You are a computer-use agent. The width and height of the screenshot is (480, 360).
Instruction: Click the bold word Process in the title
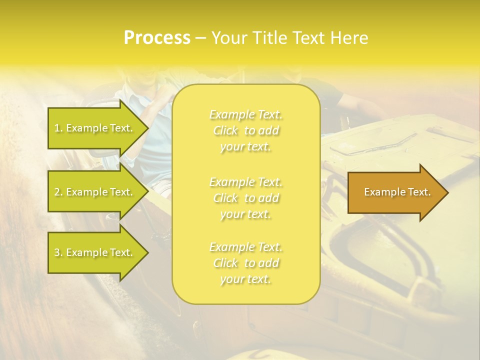click(157, 38)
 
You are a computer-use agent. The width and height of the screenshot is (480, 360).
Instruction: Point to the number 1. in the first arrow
click(58, 128)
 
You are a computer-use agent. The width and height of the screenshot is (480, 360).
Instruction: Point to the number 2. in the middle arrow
click(58, 192)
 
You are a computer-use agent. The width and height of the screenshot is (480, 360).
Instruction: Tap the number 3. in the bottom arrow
click(58, 252)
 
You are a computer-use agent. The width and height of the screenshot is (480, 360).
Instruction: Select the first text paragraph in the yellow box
click(246, 130)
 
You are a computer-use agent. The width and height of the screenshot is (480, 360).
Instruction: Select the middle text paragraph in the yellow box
click(246, 198)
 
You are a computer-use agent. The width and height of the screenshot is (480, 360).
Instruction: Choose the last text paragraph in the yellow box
click(246, 263)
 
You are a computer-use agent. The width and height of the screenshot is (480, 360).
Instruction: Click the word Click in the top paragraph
click(225, 130)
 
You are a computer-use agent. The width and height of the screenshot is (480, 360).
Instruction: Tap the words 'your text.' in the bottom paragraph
click(245, 279)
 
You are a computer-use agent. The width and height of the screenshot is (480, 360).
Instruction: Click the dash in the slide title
click(201, 38)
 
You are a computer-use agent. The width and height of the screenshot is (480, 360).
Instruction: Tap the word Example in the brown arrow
click(381, 192)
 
